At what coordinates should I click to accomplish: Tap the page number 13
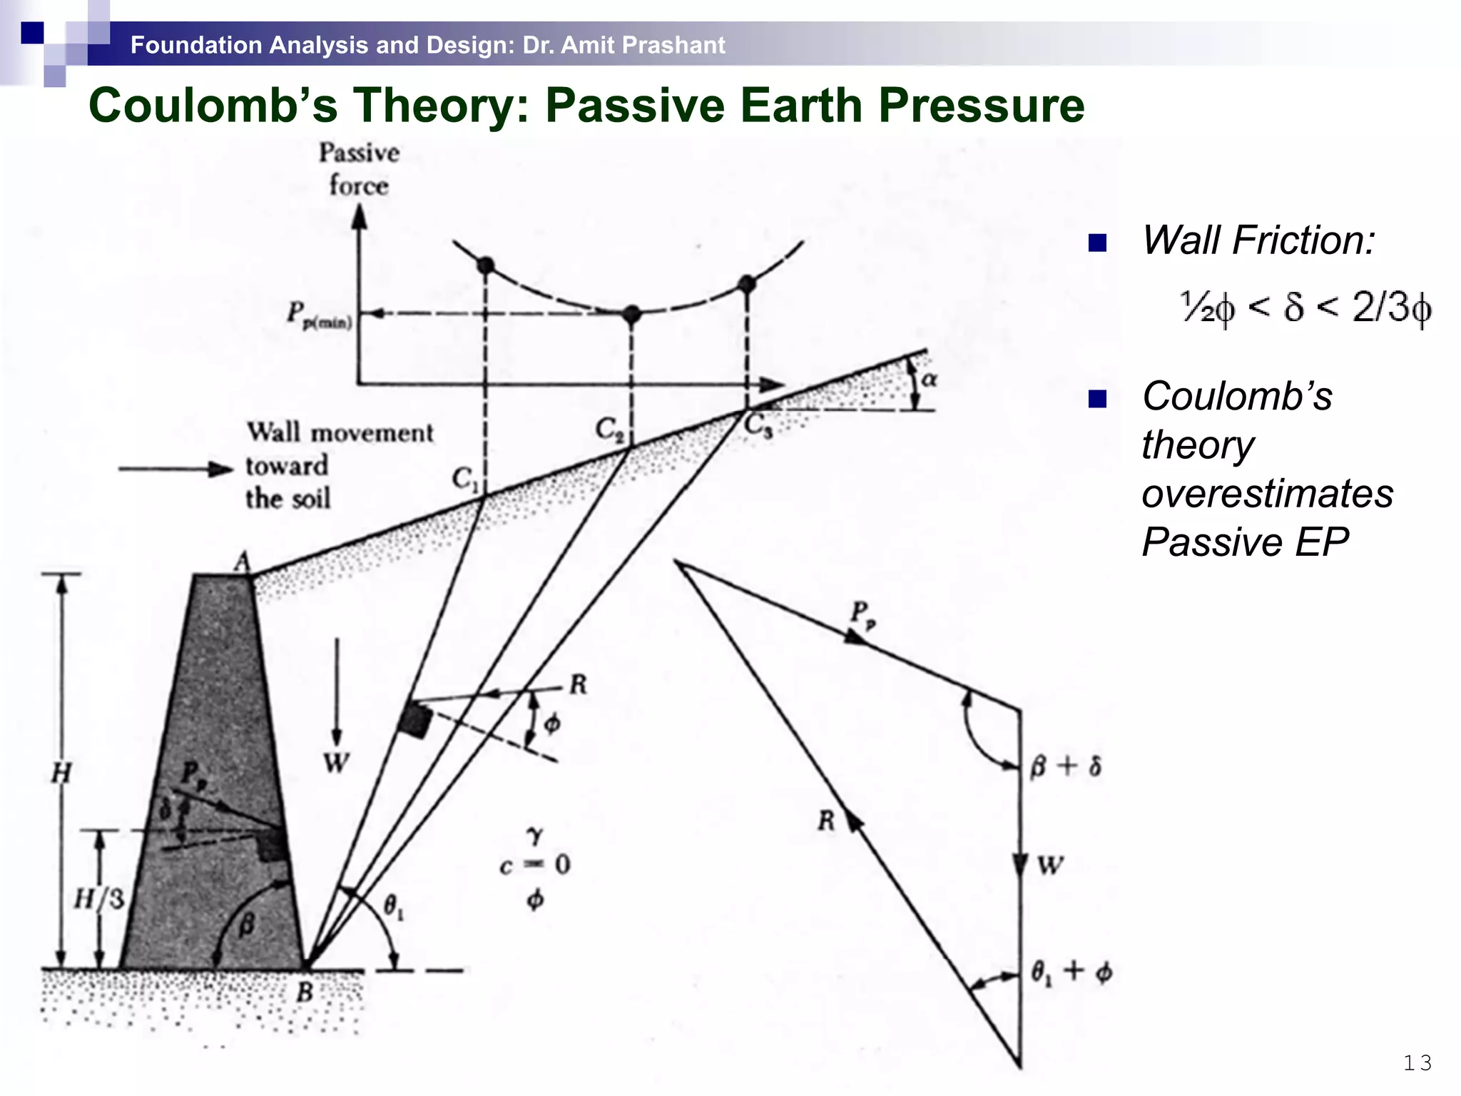1417,1063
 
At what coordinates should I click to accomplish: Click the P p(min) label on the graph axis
319,315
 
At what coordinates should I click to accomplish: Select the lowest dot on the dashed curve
631,313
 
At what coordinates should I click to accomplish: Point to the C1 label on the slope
465,479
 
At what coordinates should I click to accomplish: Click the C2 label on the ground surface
609,429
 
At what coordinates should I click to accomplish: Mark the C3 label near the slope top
758,425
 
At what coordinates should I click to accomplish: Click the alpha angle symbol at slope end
928,379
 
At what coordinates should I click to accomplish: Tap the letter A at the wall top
243,562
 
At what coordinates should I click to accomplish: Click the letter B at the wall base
305,991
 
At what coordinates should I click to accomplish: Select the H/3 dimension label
98,899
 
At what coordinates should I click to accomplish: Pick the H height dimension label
61,772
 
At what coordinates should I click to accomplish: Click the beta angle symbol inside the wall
245,925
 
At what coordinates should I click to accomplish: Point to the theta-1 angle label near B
394,908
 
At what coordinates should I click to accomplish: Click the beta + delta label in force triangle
1066,767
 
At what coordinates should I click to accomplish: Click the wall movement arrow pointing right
175,469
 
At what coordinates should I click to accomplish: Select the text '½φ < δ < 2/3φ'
1305,308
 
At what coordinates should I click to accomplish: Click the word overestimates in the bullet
1267,493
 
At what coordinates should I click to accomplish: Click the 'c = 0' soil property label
534,866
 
